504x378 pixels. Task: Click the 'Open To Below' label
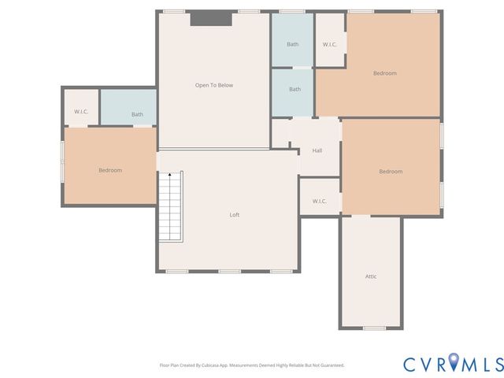[214, 85]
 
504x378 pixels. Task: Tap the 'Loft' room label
[234, 214]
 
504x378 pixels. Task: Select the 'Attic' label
[371, 276]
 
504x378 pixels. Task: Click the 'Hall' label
[317, 150]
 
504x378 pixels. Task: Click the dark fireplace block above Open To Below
[211, 18]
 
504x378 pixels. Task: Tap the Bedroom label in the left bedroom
[110, 170]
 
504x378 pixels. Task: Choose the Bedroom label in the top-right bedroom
[384, 73]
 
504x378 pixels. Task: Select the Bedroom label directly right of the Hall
[391, 172]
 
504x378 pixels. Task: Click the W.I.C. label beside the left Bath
[81, 112]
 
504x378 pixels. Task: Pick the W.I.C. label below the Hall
[319, 201]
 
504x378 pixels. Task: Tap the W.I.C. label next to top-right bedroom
[330, 44]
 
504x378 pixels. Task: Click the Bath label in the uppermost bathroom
[293, 44]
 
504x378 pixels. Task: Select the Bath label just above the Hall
[295, 89]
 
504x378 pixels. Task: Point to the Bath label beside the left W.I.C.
[137, 114]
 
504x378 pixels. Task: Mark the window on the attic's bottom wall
[374, 328]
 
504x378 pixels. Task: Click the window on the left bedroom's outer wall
[63, 161]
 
